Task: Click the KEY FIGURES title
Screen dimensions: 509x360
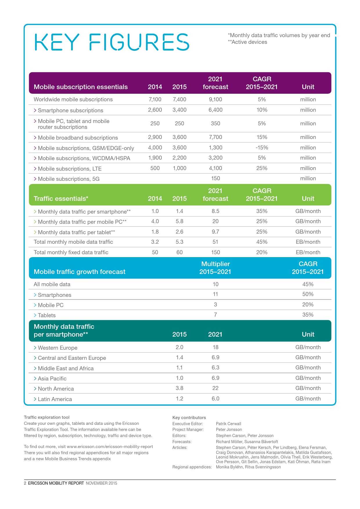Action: tap(112, 42)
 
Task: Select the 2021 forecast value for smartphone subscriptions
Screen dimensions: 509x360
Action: tap(215, 110)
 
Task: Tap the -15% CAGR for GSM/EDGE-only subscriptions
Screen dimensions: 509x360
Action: tap(262, 148)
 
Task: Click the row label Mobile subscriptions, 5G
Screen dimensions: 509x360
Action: tap(69, 179)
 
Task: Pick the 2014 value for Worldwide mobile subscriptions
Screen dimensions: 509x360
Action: tap(155, 100)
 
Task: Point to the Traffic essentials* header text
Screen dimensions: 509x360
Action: tap(61, 199)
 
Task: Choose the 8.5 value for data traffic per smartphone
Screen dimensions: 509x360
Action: tap(215, 211)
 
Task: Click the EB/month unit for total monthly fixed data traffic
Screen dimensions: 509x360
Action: tap(308, 252)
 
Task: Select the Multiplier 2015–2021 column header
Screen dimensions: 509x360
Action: tap(215, 268)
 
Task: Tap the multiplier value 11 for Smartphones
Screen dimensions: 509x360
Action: tap(215, 294)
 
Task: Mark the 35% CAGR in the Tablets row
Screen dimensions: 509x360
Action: tap(308, 315)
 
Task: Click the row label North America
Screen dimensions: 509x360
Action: tap(56, 389)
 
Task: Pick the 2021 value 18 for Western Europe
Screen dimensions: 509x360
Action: tap(215, 347)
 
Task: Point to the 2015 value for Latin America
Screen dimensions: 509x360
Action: tap(179, 399)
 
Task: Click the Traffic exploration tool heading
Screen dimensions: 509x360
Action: tap(47, 417)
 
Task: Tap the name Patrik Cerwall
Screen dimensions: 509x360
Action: tap(228, 424)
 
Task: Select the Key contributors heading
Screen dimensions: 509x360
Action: tap(189, 418)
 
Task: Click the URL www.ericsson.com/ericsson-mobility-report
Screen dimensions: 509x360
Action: tap(110, 447)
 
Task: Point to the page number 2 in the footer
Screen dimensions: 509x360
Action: tap(25, 483)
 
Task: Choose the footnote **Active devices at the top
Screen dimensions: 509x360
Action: tap(247, 42)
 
